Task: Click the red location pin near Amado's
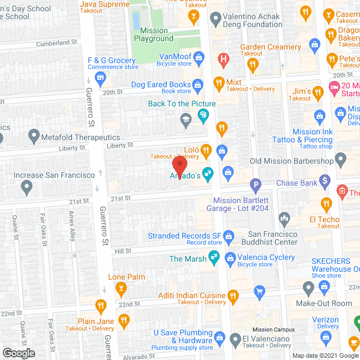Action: click(179, 166)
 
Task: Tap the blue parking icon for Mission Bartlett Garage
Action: click(256, 184)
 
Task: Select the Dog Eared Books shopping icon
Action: click(198, 85)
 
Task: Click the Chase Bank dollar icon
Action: click(325, 181)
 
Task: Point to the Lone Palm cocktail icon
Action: click(120, 288)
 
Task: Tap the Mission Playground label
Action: click(154, 34)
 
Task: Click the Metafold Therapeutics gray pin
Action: click(34, 136)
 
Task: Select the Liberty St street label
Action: click(119, 146)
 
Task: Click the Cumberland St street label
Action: click(56, 43)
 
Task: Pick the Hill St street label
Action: click(123, 250)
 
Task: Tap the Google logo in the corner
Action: click(18, 353)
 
